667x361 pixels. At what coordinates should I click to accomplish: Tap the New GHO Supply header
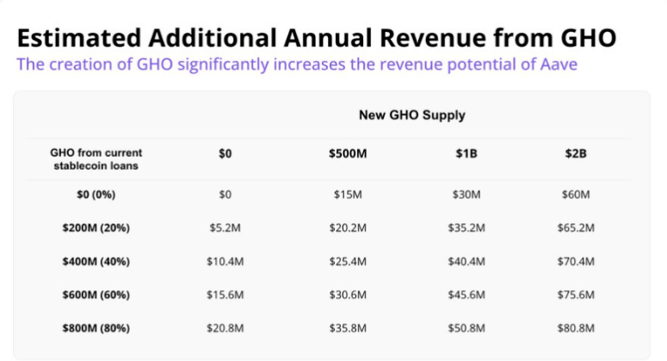tap(411, 115)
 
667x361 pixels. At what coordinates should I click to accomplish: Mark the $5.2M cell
tap(225, 228)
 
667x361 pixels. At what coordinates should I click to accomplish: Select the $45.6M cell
tap(468, 295)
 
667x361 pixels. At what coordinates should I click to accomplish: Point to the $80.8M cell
tap(575, 328)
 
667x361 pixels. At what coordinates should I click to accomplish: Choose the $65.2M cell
tap(575, 228)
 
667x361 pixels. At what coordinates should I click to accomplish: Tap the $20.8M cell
tap(225, 328)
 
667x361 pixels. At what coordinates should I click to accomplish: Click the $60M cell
tap(575, 196)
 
